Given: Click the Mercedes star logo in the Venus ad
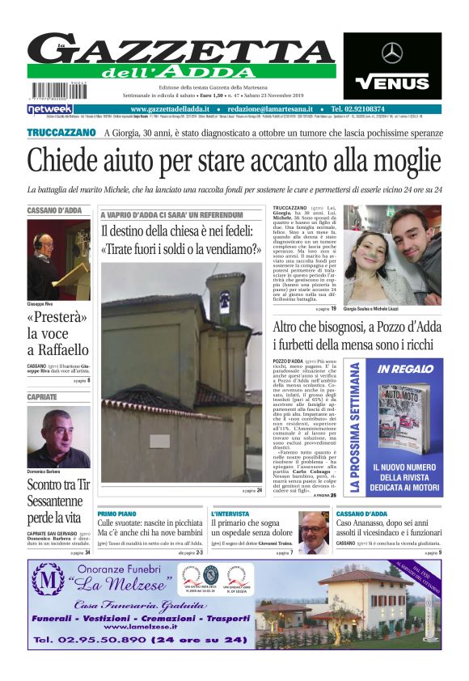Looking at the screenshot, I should [x=392, y=53].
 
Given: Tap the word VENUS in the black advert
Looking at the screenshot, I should [x=392, y=82].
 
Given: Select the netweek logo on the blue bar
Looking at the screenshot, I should [x=50, y=109].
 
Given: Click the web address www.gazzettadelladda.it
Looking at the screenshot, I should [x=171, y=109].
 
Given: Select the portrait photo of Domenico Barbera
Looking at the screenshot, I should [x=58, y=437].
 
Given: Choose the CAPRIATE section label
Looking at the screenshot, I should [x=43, y=397].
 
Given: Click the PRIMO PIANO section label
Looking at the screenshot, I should [x=117, y=514].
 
